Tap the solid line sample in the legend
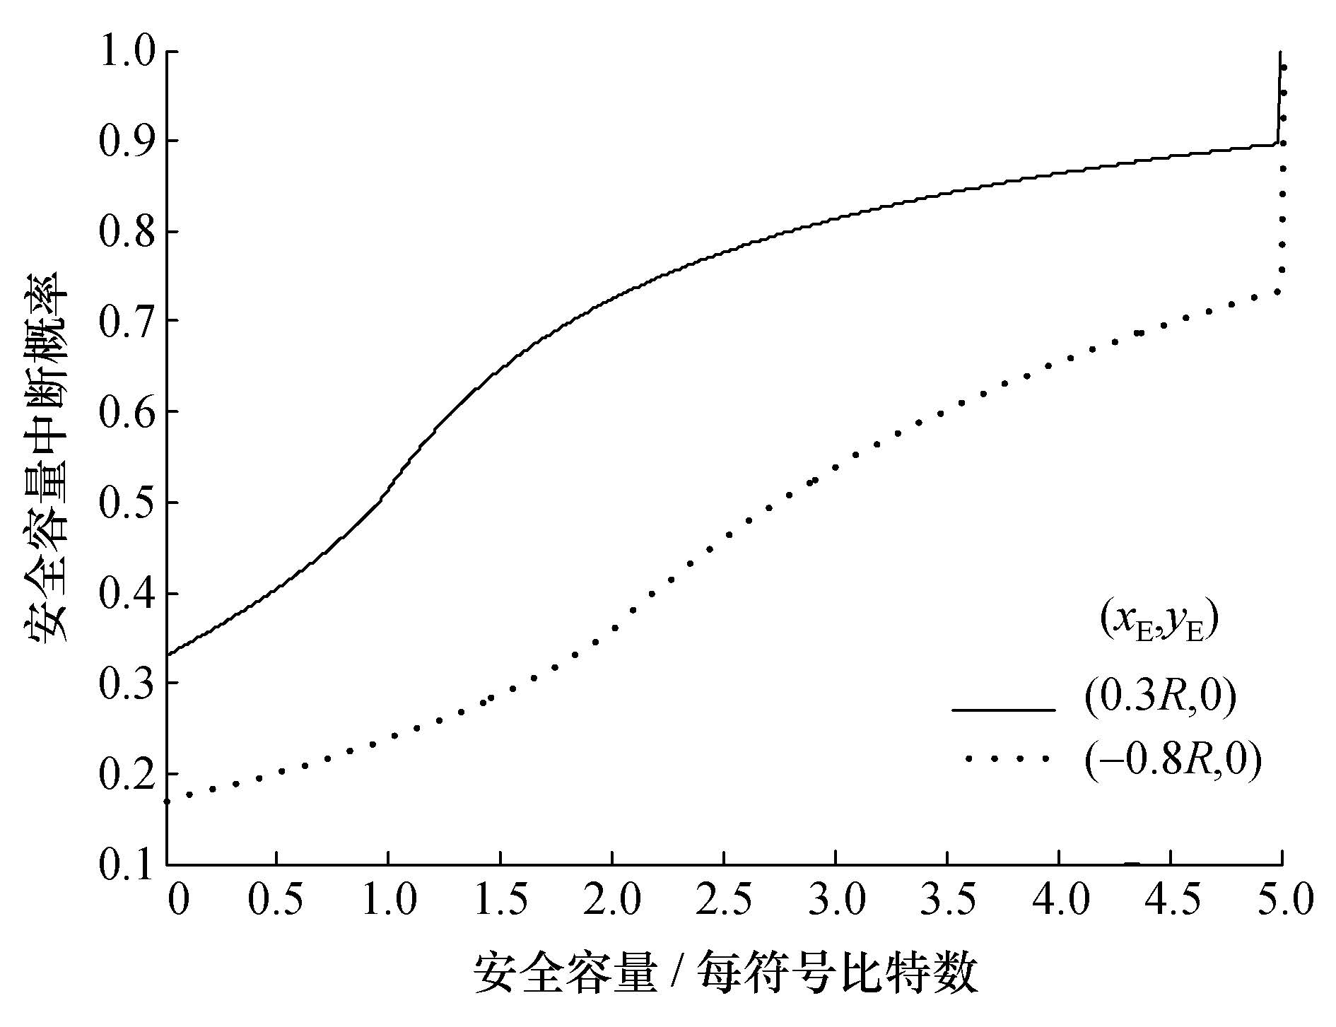1003,709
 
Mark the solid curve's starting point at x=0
168,655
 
